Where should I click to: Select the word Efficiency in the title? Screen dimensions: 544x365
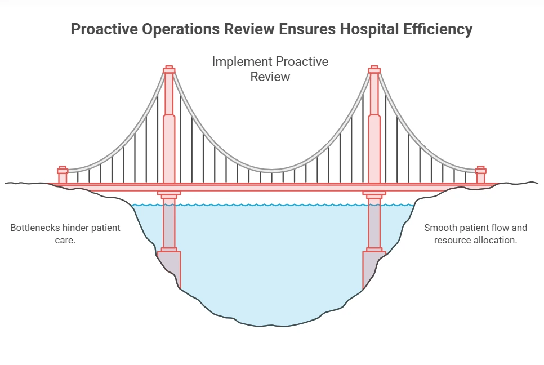point(438,29)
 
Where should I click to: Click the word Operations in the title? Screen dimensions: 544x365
point(181,29)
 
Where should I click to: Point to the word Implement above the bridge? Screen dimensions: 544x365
point(242,62)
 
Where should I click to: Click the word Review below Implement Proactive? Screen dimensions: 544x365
point(270,77)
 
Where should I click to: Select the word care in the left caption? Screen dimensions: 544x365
point(64,240)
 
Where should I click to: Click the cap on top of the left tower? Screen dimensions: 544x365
point(169,70)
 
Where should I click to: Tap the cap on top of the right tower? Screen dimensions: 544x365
point(374,70)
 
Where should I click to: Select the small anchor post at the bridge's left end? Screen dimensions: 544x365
point(63,175)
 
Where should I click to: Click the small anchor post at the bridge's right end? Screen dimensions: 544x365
point(480,175)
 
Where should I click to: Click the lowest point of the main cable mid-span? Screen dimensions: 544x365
point(272,171)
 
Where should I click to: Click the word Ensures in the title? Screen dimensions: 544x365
point(307,29)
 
